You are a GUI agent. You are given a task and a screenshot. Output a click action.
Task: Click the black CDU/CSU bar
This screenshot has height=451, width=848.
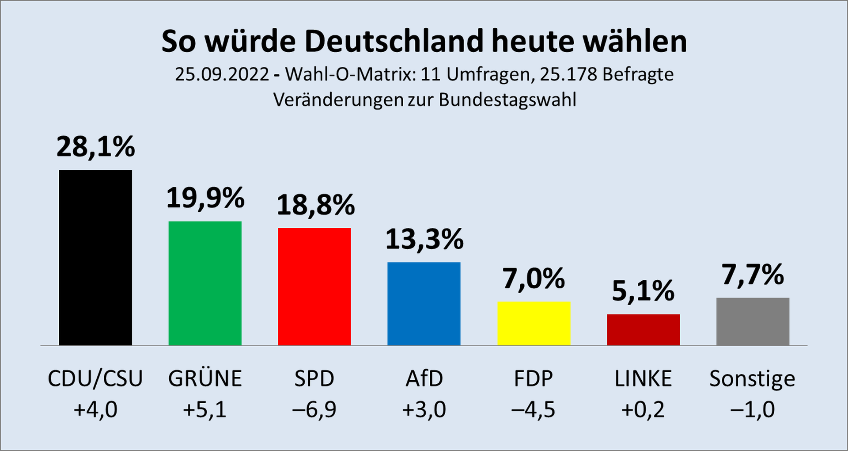[95, 257]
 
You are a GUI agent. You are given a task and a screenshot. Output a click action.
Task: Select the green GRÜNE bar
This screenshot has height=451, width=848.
[205, 283]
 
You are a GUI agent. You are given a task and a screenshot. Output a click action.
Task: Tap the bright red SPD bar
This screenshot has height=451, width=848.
[314, 287]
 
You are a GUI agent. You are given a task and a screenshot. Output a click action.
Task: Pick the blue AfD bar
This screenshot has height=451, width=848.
[424, 304]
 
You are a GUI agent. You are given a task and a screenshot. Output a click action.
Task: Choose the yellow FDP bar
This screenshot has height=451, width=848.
[534, 323]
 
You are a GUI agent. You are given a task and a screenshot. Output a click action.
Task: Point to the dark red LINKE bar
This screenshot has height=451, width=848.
[643, 330]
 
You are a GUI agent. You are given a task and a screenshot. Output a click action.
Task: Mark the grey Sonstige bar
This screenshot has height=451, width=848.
[753, 321]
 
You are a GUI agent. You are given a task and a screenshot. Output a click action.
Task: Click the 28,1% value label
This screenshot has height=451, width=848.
[95, 147]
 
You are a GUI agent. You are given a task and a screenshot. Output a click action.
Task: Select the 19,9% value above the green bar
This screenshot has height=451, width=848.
[205, 198]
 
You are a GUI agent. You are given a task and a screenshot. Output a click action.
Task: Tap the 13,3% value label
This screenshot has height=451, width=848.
[424, 239]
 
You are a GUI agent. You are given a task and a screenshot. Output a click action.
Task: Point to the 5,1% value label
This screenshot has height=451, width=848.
[643, 290]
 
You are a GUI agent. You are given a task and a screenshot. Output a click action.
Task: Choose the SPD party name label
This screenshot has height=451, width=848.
[314, 378]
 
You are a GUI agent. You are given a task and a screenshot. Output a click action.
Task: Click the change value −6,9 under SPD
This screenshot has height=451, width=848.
[314, 409]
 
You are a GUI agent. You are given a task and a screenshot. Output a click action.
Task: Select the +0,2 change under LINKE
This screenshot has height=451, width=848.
[643, 409]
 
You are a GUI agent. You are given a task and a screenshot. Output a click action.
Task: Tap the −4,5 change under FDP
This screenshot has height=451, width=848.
[533, 409]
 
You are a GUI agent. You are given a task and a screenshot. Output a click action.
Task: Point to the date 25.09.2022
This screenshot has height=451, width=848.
[222, 74]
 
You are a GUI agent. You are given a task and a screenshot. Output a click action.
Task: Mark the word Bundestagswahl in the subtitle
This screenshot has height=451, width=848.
[507, 100]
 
